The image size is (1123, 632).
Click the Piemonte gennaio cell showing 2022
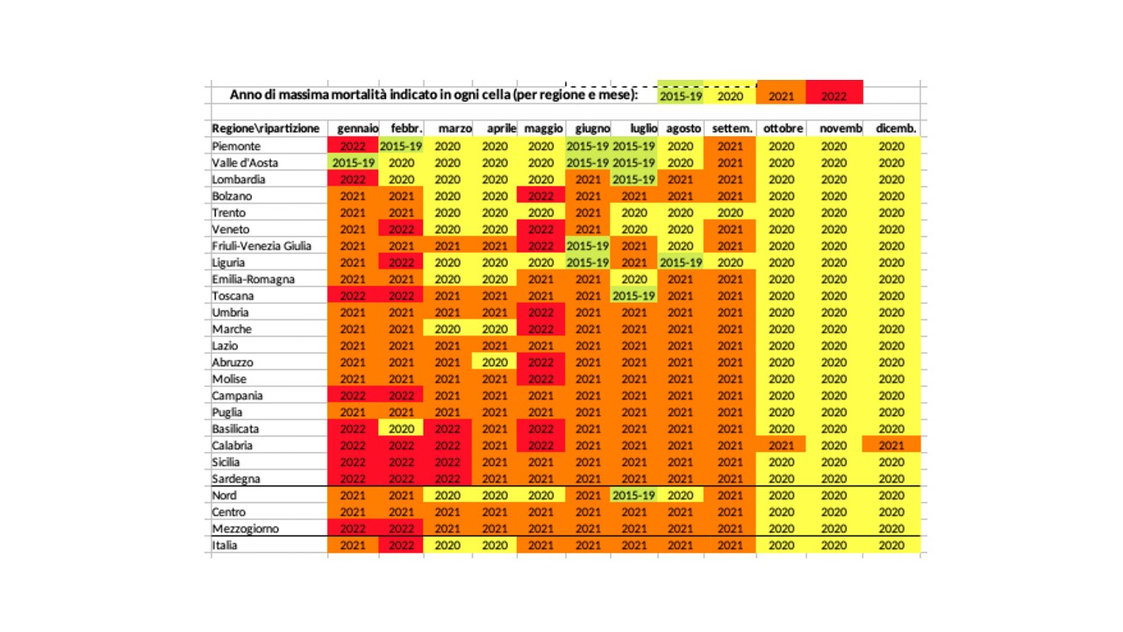pos(353,146)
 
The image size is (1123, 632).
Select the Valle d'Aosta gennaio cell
pos(353,162)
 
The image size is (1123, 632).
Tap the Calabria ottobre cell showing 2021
pos(781,445)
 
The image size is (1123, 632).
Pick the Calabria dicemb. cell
pos(891,445)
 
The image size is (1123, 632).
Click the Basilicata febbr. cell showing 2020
pos(401,428)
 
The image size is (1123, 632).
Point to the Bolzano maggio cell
pos(541,196)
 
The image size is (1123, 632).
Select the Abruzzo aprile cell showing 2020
pos(494,363)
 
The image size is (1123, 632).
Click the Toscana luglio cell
pos(634,296)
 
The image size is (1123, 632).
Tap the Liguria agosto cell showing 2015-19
pos(680,262)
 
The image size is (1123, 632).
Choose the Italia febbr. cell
pos(401,545)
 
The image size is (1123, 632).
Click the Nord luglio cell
pos(634,495)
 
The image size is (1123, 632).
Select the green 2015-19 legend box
pos(680,92)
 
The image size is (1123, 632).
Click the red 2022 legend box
pos(834,92)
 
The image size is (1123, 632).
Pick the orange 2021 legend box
pos(781,92)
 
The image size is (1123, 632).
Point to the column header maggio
pos(543,129)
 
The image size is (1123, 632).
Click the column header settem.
pos(733,128)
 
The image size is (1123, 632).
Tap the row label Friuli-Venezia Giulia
pos(261,246)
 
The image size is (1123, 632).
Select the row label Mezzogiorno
pos(246,528)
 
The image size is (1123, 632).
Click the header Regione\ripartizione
pos(266,128)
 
